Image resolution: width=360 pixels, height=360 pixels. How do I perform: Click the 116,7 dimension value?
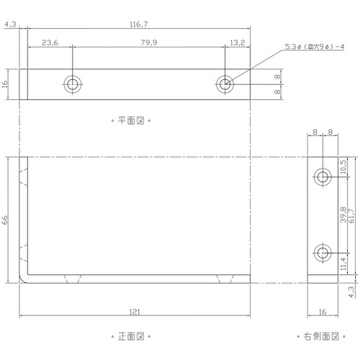tap(139, 24)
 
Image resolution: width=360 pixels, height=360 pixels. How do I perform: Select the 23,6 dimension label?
tap(50, 42)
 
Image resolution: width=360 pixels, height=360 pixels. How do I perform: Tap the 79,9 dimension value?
tap(149, 42)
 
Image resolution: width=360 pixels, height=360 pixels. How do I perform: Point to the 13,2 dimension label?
tap(238, 42)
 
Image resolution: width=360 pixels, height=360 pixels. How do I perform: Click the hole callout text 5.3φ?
tap(293, 47)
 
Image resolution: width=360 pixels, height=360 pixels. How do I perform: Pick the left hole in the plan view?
tap(73, 84)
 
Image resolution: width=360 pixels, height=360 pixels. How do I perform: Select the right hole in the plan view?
tap(225, 84)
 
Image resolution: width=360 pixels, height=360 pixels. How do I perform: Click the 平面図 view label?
tap(131, 120)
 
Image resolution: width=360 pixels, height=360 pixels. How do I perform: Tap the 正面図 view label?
tap(131, 336)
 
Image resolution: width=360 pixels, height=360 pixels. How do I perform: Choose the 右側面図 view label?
tap(321, 336)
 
